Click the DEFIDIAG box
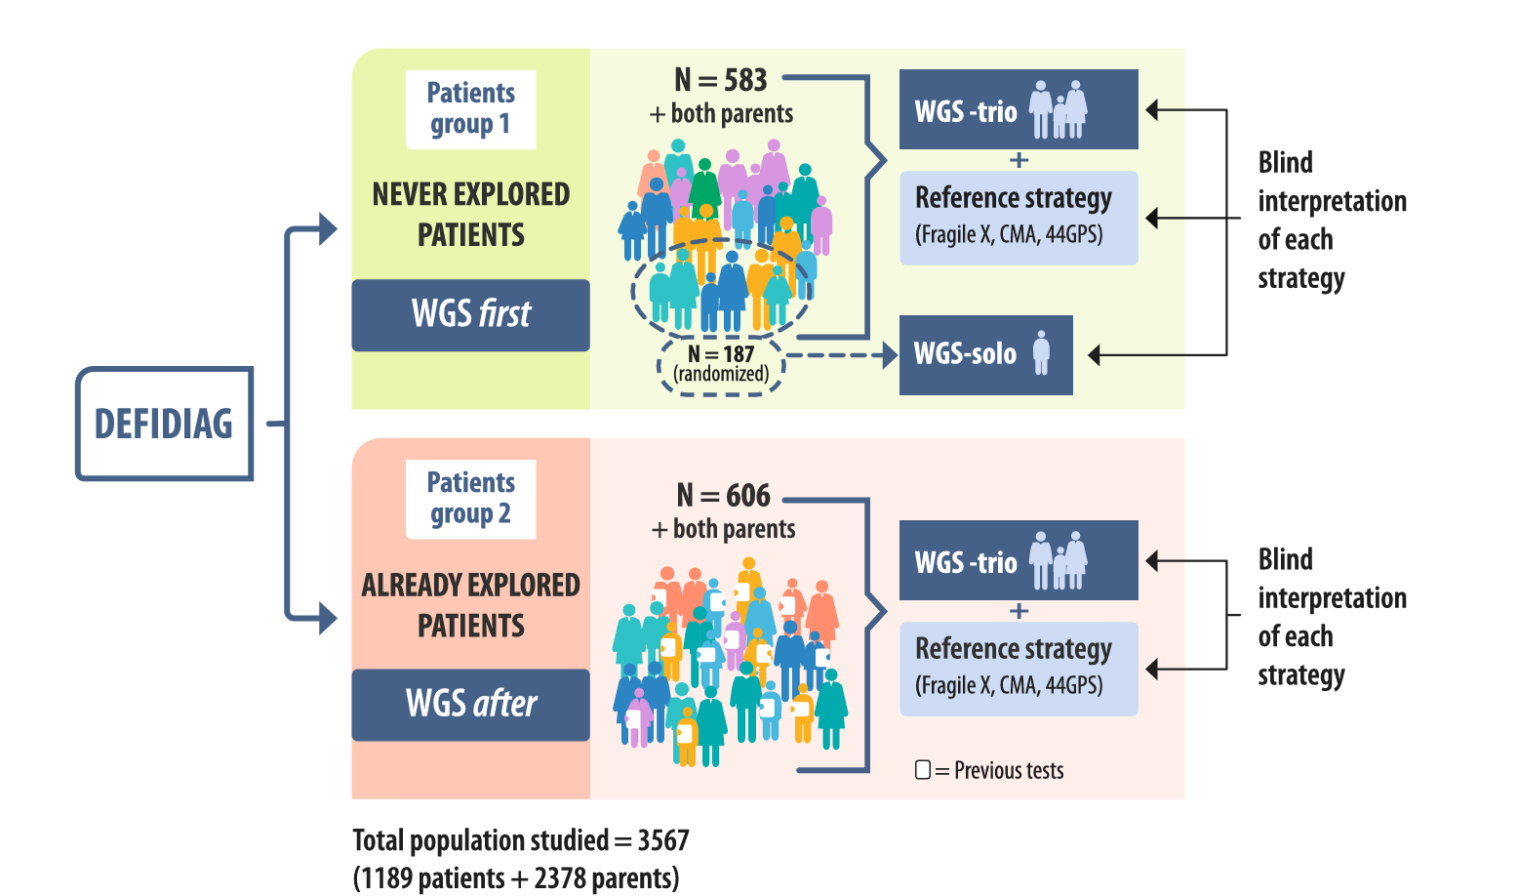(164, 424)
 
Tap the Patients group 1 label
(470, 109)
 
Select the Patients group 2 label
(470, 499)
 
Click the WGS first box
(470, 315)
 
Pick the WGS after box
(470, 705)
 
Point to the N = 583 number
(721, 80)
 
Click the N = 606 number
(724, 496)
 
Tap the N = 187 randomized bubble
(721, 364)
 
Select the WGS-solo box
(985, 355)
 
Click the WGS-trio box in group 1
(1018, 109)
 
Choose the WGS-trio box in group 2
(1018, 560)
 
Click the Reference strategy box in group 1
(1018, 218)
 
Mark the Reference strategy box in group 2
(1018, 669)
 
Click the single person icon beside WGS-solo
(1042, 353)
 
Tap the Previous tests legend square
(922, 770)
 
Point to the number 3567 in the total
(663, 840)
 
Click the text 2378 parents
(605, 878)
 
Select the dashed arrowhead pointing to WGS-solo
(890, 355)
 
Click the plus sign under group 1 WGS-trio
(1019, 160)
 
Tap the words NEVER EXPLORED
(470, 194)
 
